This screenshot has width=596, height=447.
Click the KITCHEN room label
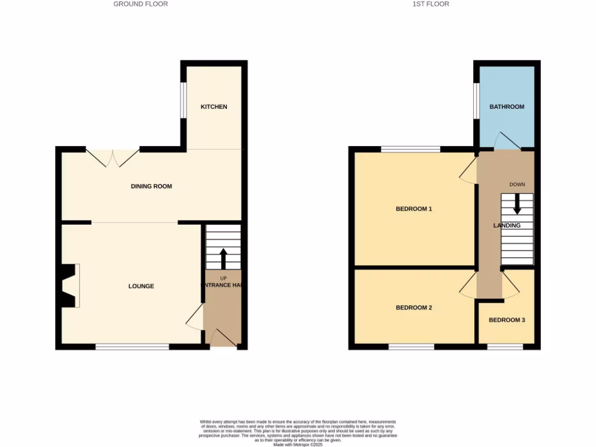click(x=214, y=107)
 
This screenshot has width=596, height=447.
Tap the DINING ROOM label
click(x=151, y=187)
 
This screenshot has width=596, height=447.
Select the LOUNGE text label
click(x=141, y=286)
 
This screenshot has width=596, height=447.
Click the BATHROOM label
click(x=506, y=107)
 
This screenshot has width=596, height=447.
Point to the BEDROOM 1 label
click(x=414, y=209)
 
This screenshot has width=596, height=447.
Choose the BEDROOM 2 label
click(x=414, y=308)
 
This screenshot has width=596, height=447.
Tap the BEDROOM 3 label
click(x=506, y=320)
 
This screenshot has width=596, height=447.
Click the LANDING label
click(x=507, y=226)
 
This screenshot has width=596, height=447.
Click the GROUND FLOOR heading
click(x=140, y=4)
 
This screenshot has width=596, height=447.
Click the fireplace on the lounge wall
click(x=70, y=285)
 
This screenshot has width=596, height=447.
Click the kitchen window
click(x=183, y=100)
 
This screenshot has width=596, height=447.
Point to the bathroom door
click(x=505, y=141)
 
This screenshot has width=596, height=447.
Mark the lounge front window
click(x=132, y=347)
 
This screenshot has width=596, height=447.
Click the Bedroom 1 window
click(x=410, y=150)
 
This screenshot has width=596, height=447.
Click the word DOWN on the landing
click(x=517, y=185)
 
